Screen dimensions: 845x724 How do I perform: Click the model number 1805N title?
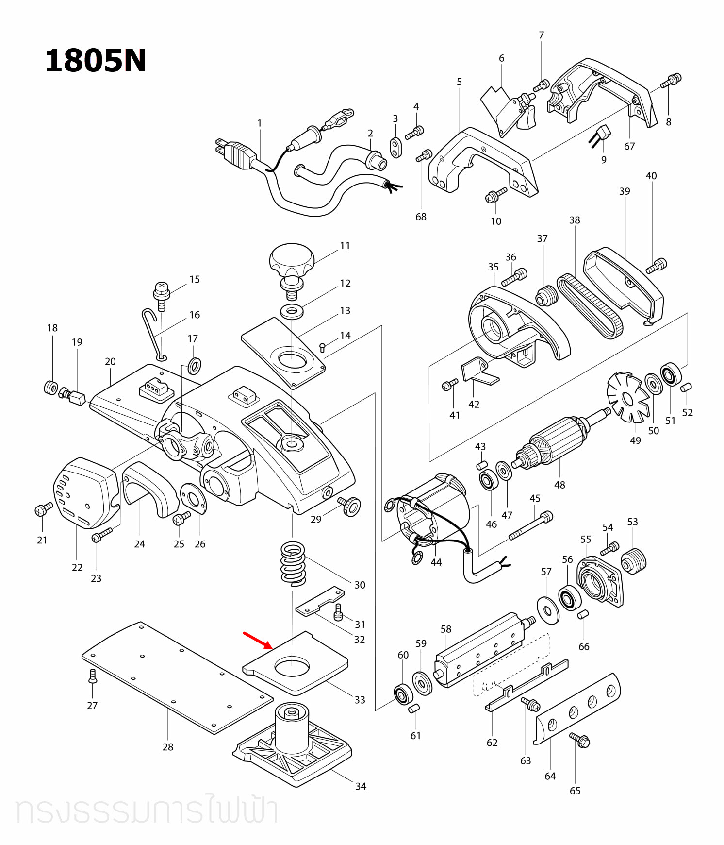coord(96,61)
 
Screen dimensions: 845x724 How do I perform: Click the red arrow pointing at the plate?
coord(258,640)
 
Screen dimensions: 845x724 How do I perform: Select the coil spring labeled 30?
coord(293,563)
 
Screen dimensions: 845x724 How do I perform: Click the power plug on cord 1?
coord(235,154)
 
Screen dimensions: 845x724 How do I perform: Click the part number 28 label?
coord(168,747)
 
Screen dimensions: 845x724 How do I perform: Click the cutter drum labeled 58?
coord(480,650)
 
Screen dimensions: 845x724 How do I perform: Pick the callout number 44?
coord(436,562)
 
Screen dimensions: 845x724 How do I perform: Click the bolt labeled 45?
coord(530,526)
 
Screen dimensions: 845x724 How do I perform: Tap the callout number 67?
coord(629,146)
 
